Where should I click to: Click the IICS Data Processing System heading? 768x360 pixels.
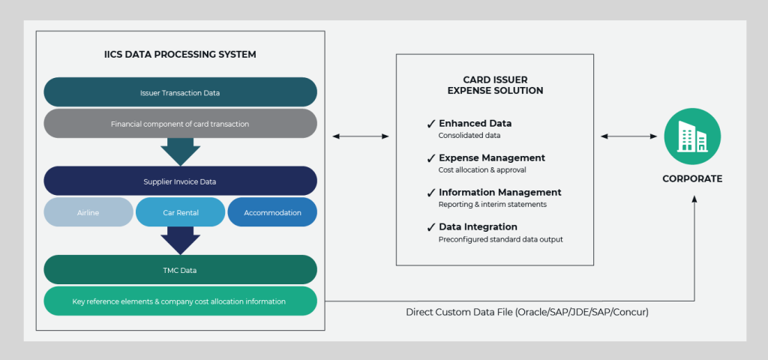(x=180, y=55)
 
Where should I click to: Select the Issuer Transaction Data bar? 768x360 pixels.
(x=180, y=92)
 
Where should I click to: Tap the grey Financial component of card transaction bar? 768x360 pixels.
(x=180, y=124)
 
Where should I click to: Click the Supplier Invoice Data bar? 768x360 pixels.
(x=180, y=181)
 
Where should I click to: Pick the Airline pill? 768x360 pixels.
(x=88, y=212)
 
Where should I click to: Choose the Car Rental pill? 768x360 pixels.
(x=180, y=212)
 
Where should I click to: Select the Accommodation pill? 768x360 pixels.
(x=272, y=212)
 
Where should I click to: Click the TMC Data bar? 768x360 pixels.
(x=180, y=270)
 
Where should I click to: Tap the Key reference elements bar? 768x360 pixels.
(x=180, y=301)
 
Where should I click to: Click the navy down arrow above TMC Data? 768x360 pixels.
(x=180, y=240)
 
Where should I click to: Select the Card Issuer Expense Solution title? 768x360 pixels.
(x=494, y=85)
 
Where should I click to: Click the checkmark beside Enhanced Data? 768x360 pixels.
(x=430, y=124)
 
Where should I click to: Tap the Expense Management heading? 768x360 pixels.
(x=491, y=158)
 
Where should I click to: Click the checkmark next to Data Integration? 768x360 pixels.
(x=430, y=227)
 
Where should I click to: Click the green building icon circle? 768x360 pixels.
(x=691, y=137)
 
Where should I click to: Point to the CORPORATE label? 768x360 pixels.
(x=691, y=179)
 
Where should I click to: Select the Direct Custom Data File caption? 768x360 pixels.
(x=526, y=311)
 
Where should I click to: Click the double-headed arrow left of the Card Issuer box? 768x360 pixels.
(x=360, y=136)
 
